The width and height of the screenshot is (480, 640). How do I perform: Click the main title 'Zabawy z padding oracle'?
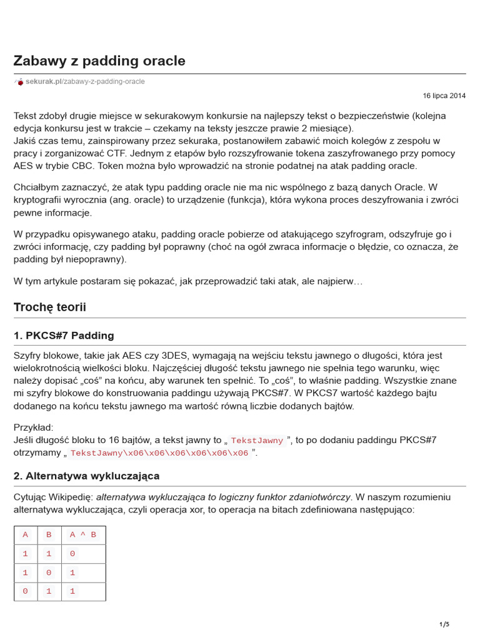tap(99, 61)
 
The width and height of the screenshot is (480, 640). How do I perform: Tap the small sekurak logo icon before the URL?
tap(19, 82)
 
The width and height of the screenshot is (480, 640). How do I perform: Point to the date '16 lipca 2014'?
tap(444, 96)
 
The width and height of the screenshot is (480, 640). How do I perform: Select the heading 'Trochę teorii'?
tap(50, 307)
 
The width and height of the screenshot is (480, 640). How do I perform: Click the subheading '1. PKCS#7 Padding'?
tap(64, 336)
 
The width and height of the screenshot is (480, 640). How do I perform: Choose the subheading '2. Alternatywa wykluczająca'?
tap(86, 476)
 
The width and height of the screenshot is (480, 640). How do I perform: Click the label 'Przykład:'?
tap(34, 427)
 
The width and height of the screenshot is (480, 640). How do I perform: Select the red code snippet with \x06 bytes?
tap(159, 453)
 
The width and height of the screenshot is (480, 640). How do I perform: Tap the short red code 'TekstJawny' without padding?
tap(257, 441)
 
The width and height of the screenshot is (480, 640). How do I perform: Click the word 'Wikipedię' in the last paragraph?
tap(72, 497)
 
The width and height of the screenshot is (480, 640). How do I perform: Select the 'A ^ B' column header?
tap(83, 535)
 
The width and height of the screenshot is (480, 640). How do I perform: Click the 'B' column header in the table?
tap(49, 535)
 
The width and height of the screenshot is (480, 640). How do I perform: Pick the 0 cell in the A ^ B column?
tap(72, 554)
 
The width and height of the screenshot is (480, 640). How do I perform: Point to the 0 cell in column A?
tap(25, 591)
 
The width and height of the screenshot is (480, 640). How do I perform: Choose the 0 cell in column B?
tap(49, 572)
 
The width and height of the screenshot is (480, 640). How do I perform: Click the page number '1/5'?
tap(444, 624)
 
